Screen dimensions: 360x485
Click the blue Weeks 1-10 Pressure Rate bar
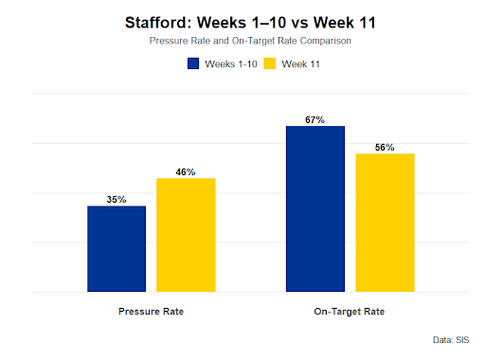117,249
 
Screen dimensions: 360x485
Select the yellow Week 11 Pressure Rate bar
186,235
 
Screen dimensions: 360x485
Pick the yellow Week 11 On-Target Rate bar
385,223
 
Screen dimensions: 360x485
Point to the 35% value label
117,200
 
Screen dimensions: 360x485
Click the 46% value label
186,172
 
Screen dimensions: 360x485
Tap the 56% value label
385,148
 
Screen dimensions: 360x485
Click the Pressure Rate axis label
151,311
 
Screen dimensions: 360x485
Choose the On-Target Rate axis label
350,311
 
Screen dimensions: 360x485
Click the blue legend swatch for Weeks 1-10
194,64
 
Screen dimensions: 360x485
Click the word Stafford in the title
158,22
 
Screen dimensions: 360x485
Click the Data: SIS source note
449,337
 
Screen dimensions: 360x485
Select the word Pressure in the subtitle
169,42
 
